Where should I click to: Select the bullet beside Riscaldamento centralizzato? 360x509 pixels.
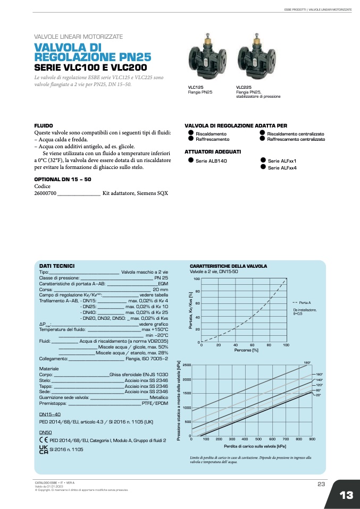pos(262,133)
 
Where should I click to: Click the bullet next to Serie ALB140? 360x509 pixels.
pos(190,160)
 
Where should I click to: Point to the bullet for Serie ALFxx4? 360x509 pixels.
pos(262,167)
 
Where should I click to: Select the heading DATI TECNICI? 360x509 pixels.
pos(57,266)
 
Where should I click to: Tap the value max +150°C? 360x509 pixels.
pos(155,330)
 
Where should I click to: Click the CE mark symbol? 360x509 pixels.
pos(43,440)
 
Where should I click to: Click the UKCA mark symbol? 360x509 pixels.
pos(44,449)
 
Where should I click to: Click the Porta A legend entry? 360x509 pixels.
pos(305,302)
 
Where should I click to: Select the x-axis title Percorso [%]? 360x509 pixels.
pos(246,350)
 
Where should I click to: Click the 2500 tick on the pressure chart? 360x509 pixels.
pos(187,366)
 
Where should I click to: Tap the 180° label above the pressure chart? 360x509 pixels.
pos(307,362)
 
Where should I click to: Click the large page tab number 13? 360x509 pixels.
pos(346,495)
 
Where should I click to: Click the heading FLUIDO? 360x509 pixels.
pos(44,126)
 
